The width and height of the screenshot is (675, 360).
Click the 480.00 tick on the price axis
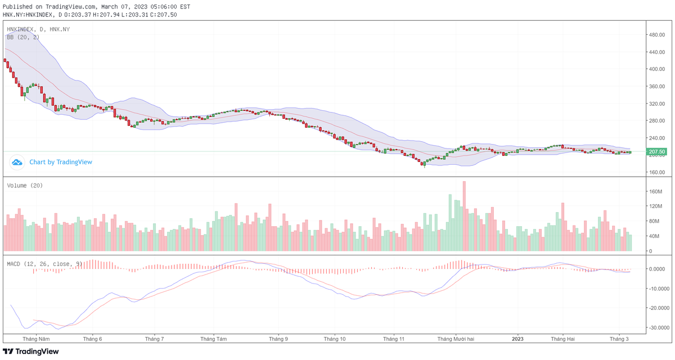pyautogui.click(x=658, y=35)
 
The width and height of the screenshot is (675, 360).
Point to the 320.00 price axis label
pyautogui.click(x=658, y=104)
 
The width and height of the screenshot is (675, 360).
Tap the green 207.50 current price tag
pyautogui.click(x=657, y=152)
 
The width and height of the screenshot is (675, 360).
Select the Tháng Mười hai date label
pyautogui.click(x=456, y=339)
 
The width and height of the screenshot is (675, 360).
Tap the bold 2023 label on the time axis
pyautogui.click(x=517, y=339)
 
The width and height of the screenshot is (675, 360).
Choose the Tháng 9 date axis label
pyautogui.click(x=278, y=339)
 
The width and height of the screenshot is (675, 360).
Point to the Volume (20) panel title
pyautogui.click(x=25, y=185)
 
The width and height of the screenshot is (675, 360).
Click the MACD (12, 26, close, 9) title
pyautogui.click(x=44, y=263)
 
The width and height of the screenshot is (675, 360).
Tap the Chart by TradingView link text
pyautogui.click(x=61, y=162)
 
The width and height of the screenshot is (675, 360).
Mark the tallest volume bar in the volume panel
pyautogui.click(x=464, y=216)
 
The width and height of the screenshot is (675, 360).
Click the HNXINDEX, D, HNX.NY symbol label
pyautogui.click(x=37, y=29)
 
